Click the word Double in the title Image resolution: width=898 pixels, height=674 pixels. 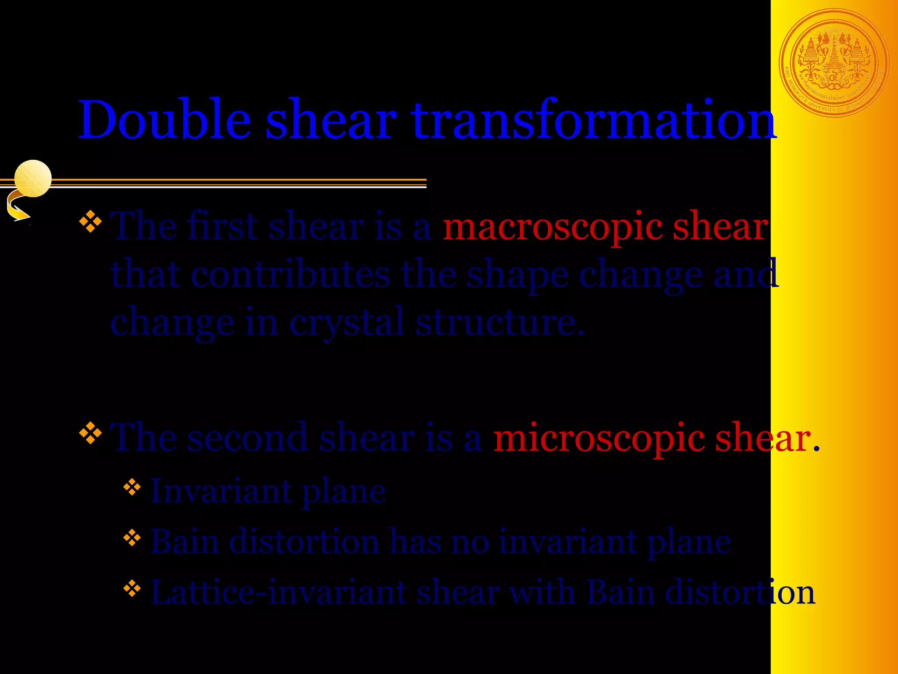click(164, 120)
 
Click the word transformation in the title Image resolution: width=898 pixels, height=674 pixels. click(594, 120)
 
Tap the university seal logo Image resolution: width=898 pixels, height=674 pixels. click(834, 63)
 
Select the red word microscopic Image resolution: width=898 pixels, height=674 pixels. click(599, 438)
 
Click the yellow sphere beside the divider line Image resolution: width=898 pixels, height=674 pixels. click(33, 178)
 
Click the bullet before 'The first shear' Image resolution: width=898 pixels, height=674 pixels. click(90, 222)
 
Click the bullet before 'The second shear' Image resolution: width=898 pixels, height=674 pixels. click(90, 433)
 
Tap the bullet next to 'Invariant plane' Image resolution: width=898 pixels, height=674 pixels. click(132, 488)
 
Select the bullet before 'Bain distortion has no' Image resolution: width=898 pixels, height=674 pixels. click(132, 538)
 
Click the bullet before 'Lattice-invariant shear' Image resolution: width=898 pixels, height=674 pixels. click(132, 588)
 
